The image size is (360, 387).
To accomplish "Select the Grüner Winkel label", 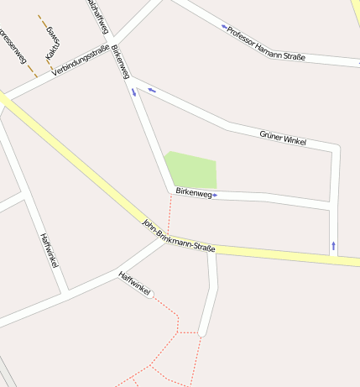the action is point(283,137).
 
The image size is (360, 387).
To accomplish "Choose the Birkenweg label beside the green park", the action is point(193,193).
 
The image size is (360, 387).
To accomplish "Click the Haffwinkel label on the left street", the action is point(49,250).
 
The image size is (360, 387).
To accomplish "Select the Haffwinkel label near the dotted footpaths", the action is point(134,285).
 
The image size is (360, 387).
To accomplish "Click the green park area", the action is point(192,170).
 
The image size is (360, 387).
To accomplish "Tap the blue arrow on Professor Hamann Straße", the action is point(224,26).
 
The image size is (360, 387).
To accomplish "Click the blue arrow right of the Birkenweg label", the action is point(216,195).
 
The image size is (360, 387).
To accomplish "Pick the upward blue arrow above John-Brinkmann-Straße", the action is point(334,245).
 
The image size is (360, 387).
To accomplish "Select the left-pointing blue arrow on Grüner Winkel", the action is point(152,90).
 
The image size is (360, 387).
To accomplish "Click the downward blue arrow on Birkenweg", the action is point(133,92).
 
